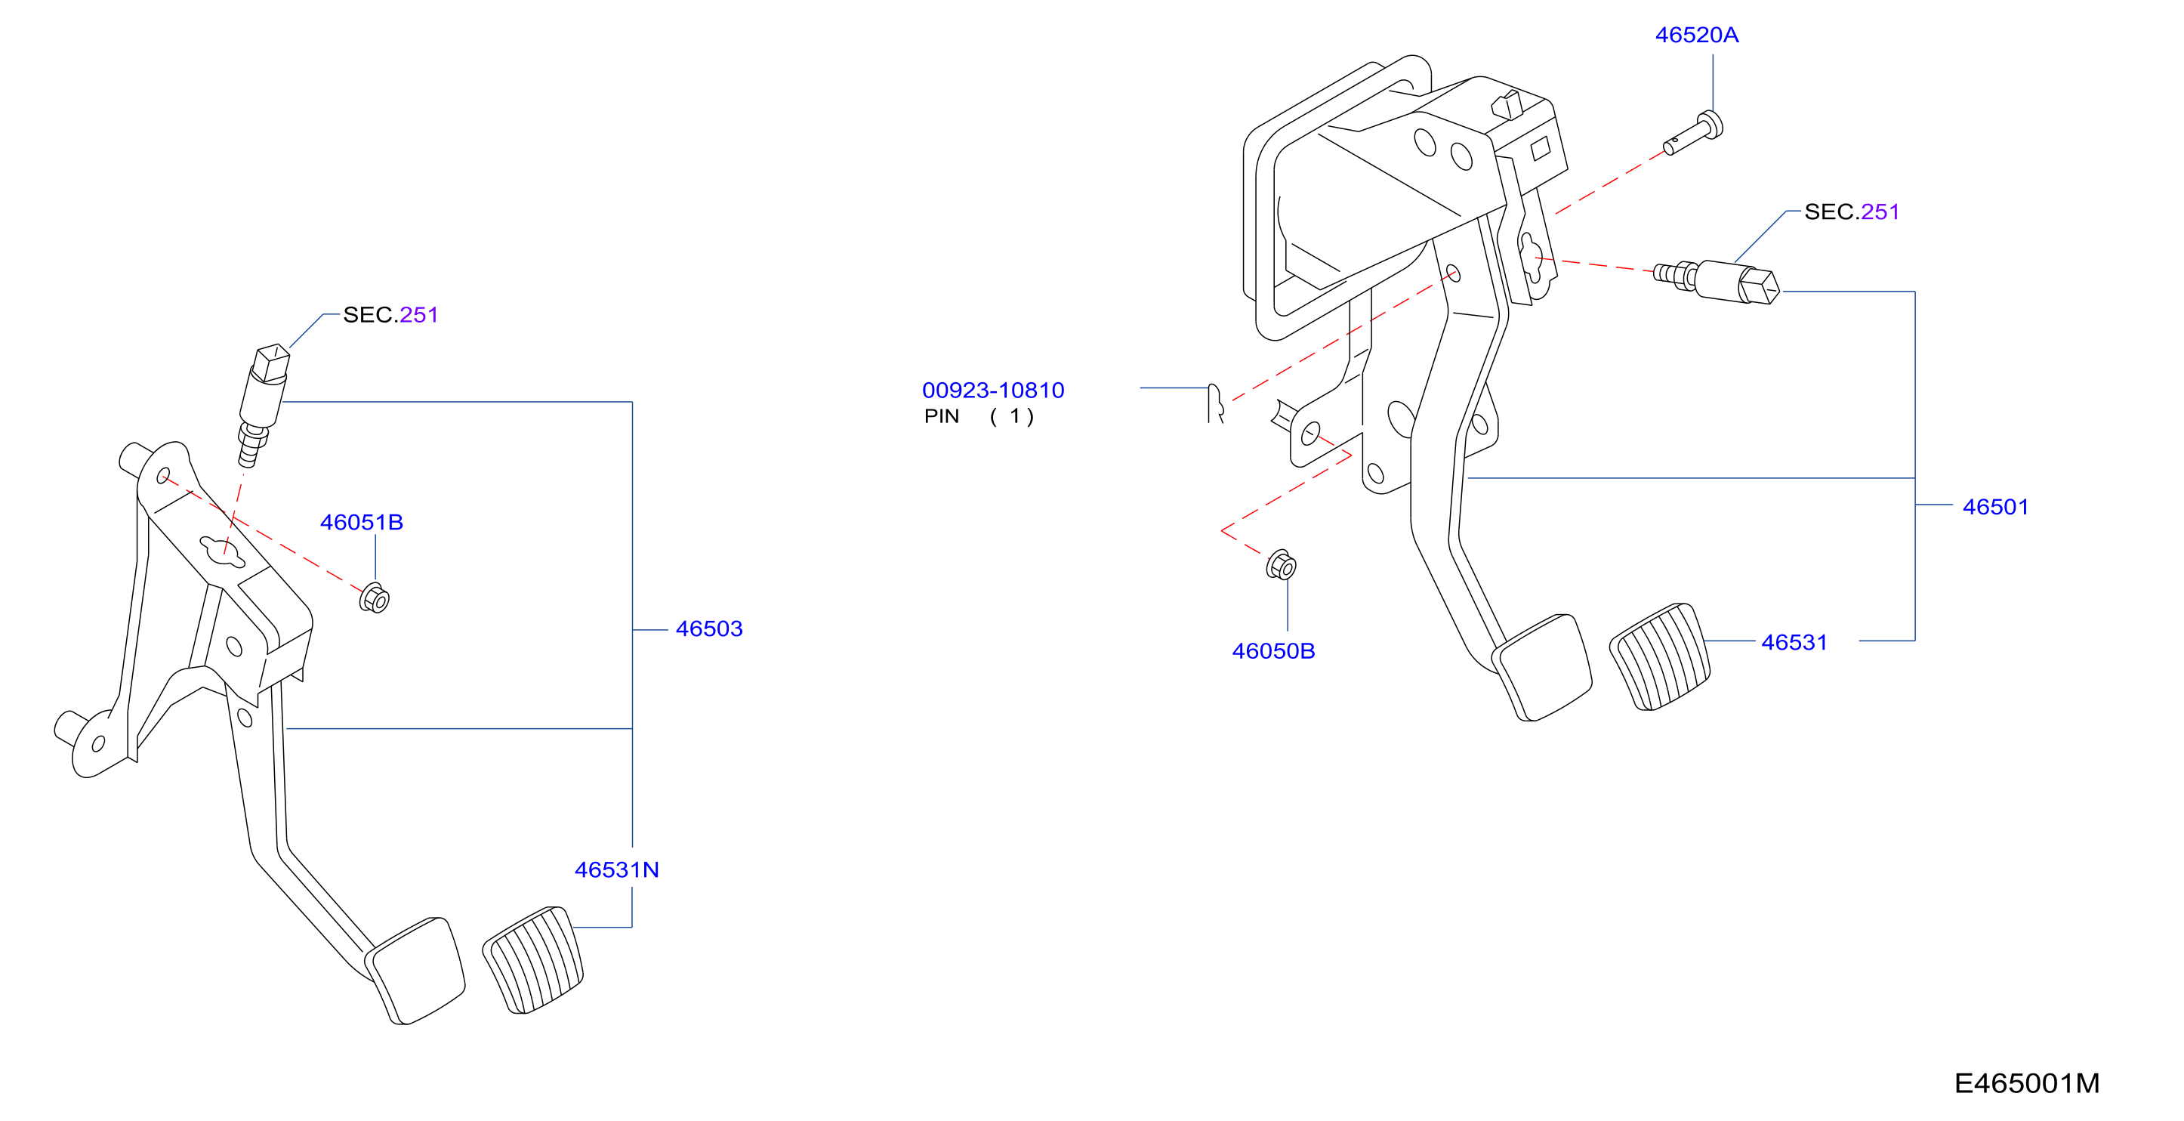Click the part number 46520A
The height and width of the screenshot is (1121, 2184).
[1696, 35]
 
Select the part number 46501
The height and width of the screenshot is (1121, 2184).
[1995, 506]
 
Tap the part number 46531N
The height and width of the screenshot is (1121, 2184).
[616, 869]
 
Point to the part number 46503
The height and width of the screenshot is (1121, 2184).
[709, 628]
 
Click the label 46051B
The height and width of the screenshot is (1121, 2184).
[361, 521]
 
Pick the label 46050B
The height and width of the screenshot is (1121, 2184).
[1273, 650]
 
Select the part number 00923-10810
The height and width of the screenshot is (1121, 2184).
[993, 390]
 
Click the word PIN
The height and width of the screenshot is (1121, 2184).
[941, 416]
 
